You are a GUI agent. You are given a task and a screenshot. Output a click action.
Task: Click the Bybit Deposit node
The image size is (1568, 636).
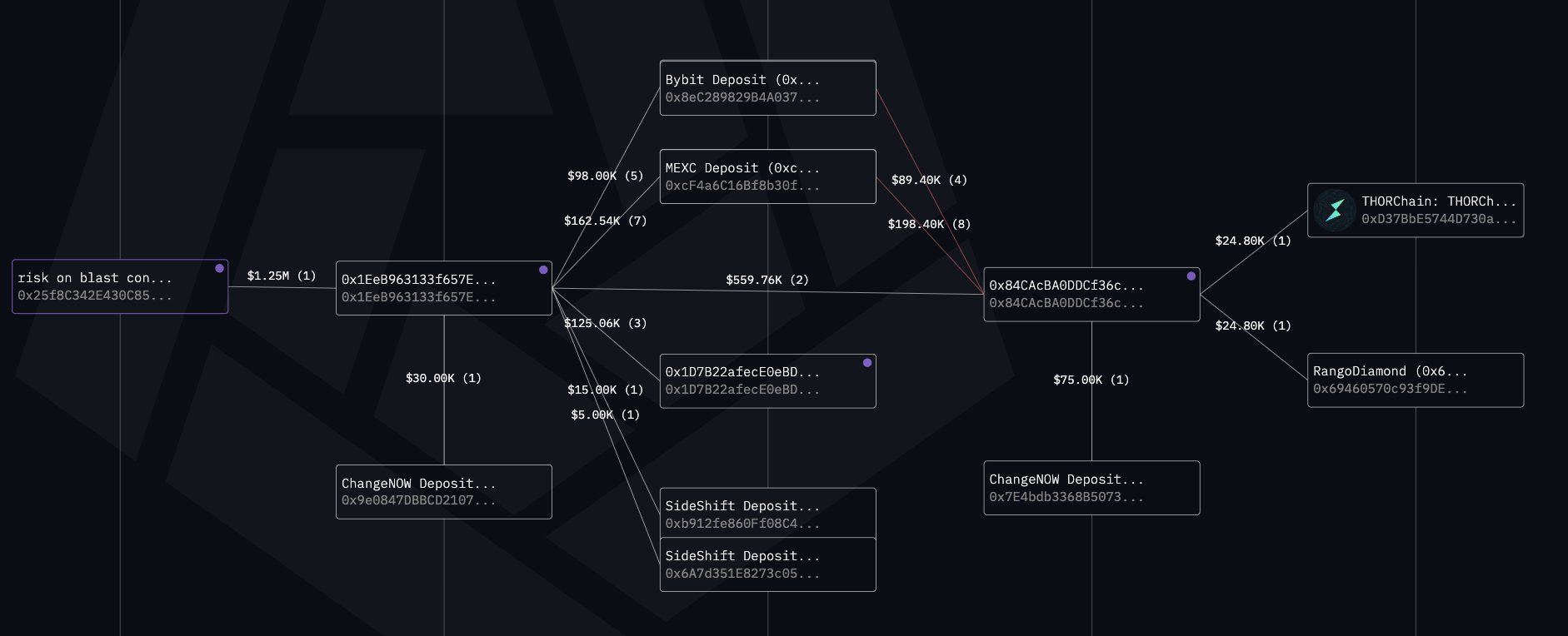pos(767,88)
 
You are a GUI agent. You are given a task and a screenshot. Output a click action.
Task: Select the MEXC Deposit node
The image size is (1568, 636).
pos(767,176)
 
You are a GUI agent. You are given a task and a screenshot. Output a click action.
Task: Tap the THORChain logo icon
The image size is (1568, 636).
pos(1335,210)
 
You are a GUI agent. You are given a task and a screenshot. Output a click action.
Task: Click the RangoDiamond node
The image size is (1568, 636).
pos(1415,380)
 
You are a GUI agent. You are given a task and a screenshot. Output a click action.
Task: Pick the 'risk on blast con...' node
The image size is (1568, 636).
pos(119,287)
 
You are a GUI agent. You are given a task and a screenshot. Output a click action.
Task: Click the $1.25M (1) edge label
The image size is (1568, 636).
pos(282,276)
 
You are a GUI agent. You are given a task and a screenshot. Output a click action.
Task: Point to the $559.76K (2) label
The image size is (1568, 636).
pos(767,280)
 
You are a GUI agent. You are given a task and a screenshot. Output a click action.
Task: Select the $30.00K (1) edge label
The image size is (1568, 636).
pos(443,378)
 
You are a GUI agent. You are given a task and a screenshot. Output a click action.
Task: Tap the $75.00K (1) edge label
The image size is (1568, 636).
pos(1091,380)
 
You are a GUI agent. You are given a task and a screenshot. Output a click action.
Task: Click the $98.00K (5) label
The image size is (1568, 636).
pos(605,176)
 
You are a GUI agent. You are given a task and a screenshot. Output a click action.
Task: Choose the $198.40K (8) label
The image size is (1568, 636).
pos(929,224)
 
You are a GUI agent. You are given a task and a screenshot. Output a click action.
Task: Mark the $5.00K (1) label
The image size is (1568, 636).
pos(605,415)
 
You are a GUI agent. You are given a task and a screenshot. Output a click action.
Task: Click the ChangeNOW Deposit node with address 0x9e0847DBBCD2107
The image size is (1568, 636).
pos(443,492)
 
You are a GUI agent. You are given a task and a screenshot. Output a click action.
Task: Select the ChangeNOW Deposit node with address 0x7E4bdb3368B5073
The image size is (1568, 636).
pos(1091,488)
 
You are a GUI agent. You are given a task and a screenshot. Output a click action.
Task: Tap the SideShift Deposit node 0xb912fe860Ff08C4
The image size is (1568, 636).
pos(767,514)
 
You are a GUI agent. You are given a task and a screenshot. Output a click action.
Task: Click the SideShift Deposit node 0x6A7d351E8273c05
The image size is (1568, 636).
pos(767,565)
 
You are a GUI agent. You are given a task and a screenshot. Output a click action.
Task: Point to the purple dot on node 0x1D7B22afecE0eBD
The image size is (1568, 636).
pos(867,363)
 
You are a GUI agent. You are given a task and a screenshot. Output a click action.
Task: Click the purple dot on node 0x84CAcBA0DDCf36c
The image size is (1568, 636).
pos(1191,276)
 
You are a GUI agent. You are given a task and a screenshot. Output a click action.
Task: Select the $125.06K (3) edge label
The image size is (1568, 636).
pos(605,323)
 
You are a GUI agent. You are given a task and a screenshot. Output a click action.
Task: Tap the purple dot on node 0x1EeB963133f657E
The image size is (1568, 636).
pos(543,270)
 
